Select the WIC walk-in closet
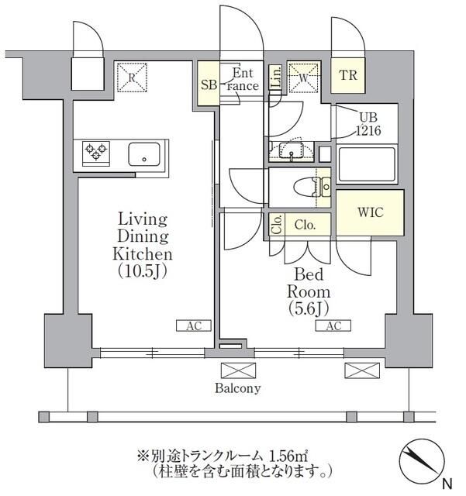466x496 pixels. click(369, 212)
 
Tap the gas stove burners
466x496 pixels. click(95, 153)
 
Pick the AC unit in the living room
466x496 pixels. click(194, 326)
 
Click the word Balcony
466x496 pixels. click(238, 388)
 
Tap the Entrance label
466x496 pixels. click(243, 81)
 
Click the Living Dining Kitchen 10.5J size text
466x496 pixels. click(143, 272)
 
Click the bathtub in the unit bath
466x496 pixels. click(367, 166)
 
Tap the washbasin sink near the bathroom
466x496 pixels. click(292, 150)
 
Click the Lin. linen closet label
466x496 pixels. click(276, 77)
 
